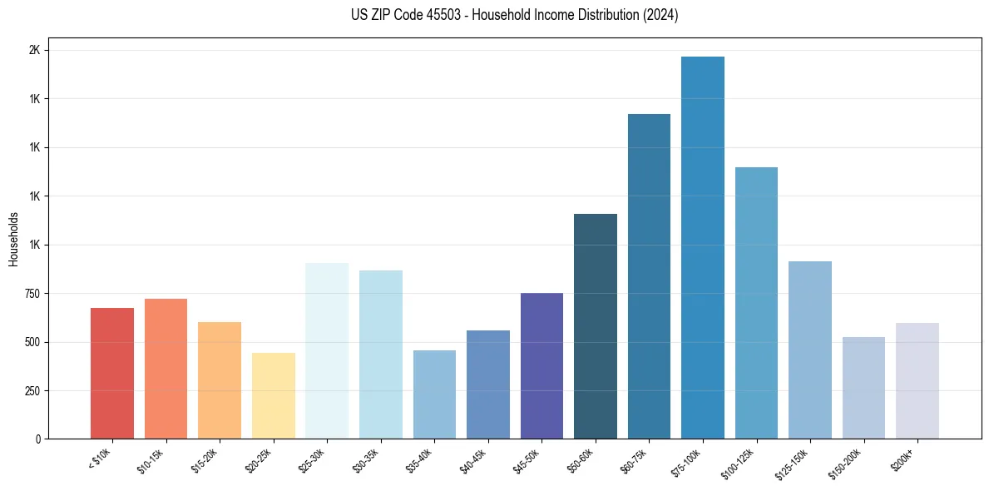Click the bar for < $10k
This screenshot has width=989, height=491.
point(112,374)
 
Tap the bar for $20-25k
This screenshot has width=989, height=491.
point(273,396)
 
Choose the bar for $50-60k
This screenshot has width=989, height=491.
point(596,326)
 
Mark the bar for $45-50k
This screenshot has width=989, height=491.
point(541,366)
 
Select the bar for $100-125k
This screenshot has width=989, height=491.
point(756,303)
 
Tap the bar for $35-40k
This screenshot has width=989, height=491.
point(434,394)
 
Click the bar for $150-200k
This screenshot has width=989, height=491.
point(863,388)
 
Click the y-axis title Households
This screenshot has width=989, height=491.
point(13,239)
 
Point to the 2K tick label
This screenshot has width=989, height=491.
point(34,51)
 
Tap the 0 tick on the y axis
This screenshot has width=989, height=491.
point(37,439)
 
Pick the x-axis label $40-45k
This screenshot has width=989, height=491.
point(473,460)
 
